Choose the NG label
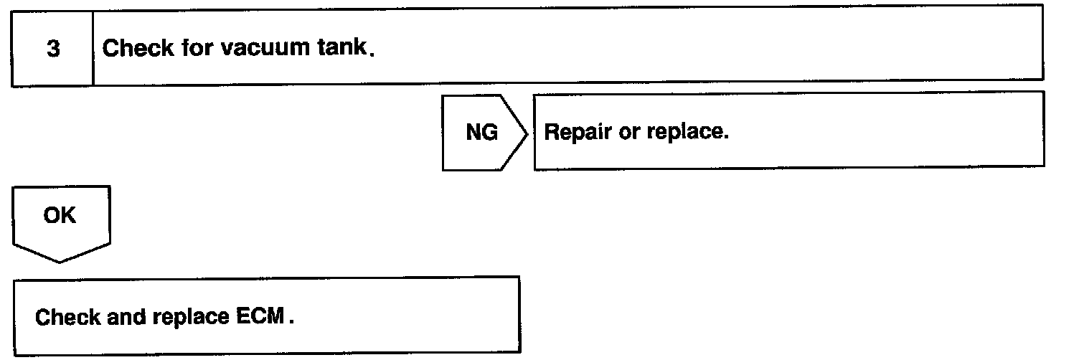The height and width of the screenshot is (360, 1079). click(x=482, y=133)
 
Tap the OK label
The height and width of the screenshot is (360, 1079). click(x=60, y=216)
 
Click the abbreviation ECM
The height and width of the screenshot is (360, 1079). click(x=261, y=316)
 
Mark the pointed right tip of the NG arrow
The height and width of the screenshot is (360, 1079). click(x=529, y=133)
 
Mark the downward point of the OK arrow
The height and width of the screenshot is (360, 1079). click(x=60, y=262)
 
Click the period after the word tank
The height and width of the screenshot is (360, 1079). click(x=371, y=56)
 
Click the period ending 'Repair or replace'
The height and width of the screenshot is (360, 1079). click(x=727, y=139)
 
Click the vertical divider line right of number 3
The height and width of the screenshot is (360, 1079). click(x=93, y=47)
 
